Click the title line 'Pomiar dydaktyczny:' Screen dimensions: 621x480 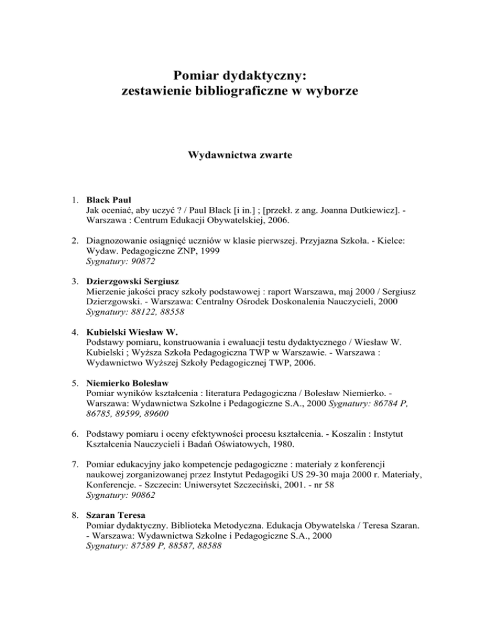(x=239, y=76)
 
